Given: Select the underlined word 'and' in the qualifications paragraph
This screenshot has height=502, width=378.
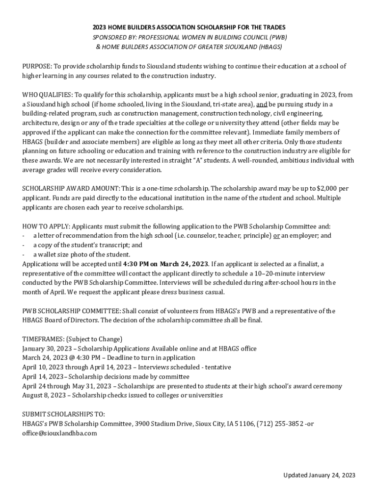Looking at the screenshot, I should (262, 104).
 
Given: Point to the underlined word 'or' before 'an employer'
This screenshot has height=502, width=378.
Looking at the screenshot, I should (277, 235).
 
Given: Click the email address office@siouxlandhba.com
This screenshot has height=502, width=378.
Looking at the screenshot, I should (59, 433).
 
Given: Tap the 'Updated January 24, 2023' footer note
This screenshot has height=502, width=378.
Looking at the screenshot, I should (319, 475).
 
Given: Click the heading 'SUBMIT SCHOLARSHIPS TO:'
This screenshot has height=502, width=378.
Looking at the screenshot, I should (63, 414).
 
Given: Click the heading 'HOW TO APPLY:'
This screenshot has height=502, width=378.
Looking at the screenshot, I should (46, 226).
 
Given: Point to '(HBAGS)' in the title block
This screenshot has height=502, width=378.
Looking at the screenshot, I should (269, 47).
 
